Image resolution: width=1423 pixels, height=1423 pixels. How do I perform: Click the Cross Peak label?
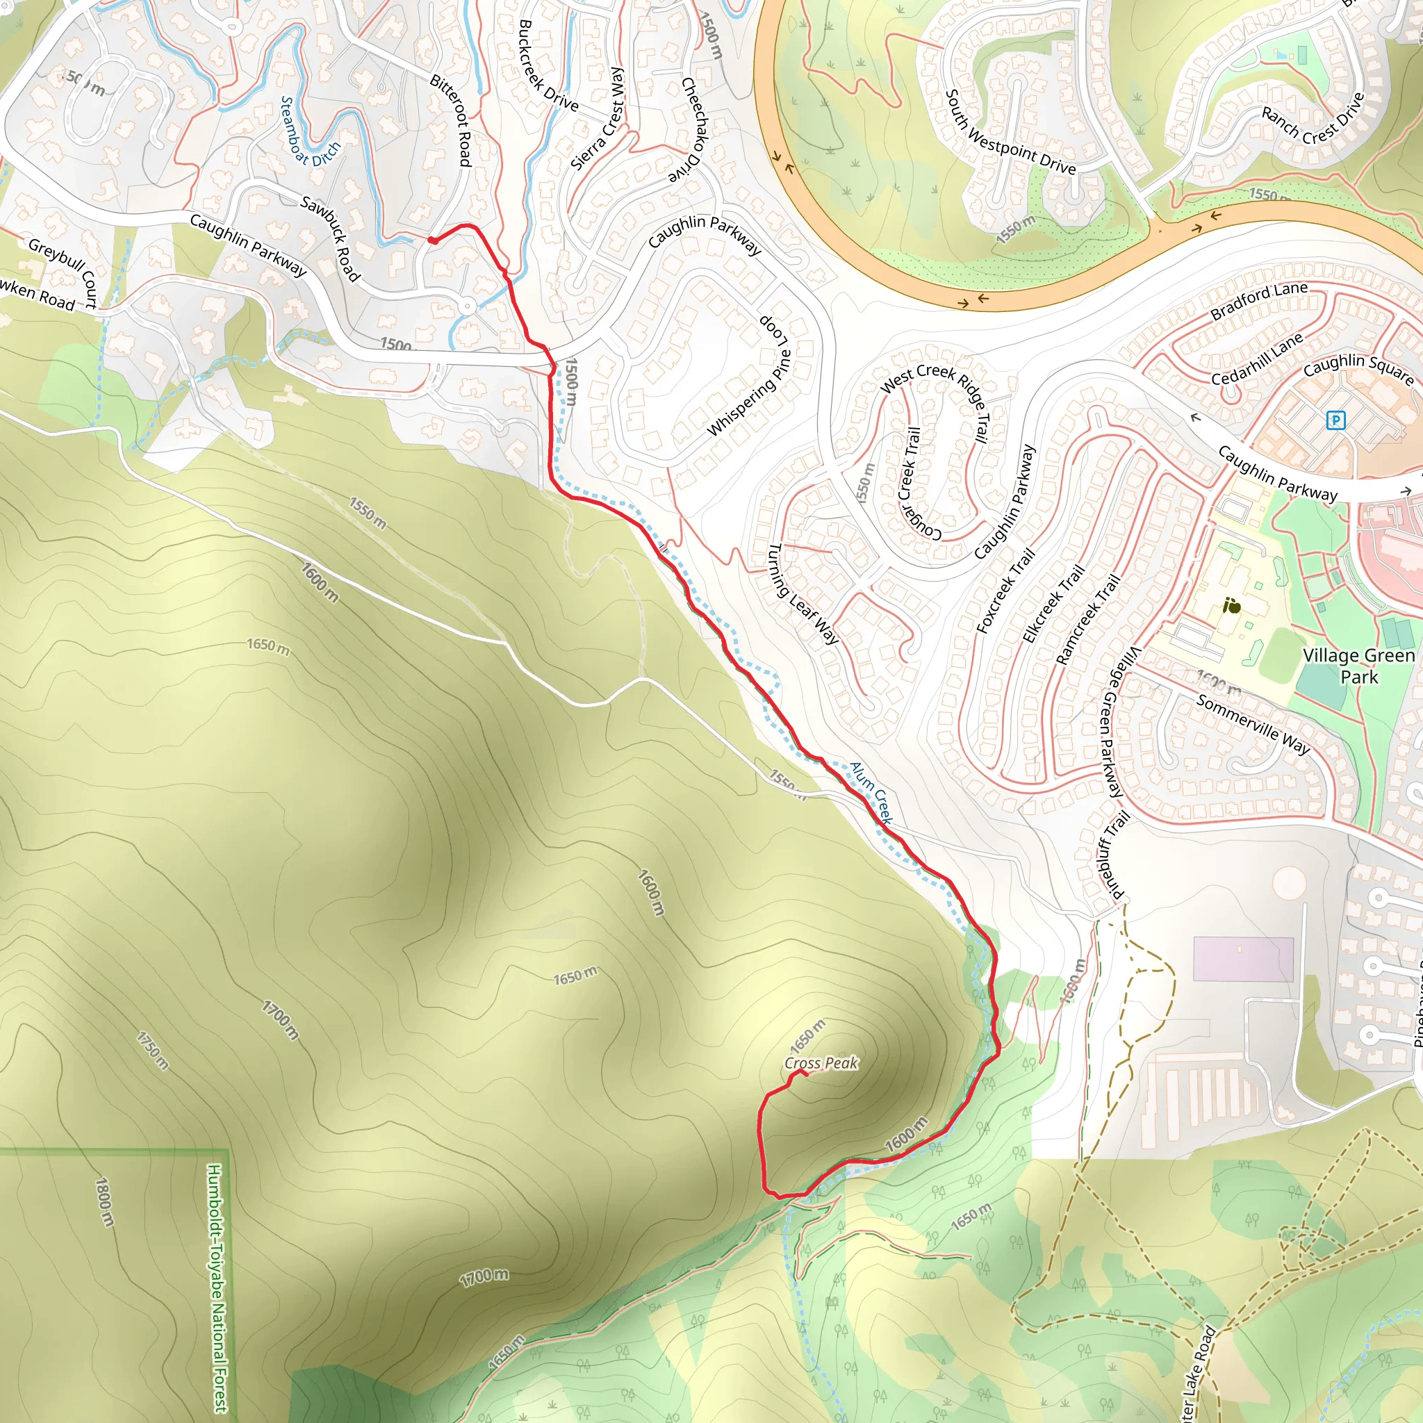(821, 1063)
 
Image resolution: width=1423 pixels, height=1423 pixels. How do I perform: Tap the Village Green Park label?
(1359, 666)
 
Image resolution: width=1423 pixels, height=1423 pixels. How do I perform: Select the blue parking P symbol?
(1335, 420)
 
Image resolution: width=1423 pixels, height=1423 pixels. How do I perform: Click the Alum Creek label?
(871, 793)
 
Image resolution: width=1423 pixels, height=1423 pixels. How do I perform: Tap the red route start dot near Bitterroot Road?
(433, 240)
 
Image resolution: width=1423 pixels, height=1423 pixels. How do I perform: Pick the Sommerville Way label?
(1253, 724)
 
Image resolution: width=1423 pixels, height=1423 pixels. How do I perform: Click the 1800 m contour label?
(106, 1202)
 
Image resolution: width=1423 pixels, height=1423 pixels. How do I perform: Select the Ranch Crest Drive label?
(1313, 119)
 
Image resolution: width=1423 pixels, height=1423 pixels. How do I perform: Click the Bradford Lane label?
(1259, 300)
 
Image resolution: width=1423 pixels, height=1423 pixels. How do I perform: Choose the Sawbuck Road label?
(331, 238)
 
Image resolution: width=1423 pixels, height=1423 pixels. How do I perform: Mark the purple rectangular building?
(1243, 959)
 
